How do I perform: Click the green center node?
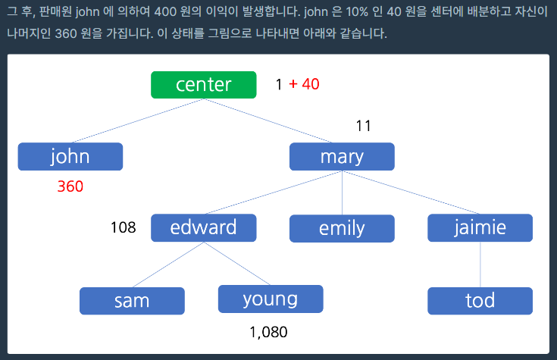point(204,85)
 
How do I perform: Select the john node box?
point(70,157)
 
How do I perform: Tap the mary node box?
point(342,157)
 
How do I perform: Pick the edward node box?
point(204,228)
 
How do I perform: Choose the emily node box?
point(342,229)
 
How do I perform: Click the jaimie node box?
point(480,228)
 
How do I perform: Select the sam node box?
point(132,301)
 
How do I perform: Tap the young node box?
point(271,299)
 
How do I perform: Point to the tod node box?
point(480,301)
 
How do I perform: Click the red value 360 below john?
point(70,186)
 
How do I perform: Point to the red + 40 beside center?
point(304,84)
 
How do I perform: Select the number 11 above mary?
point(364,126)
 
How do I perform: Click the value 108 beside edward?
point(124,227)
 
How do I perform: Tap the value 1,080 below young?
point(268,332)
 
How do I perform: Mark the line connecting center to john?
point(138,121)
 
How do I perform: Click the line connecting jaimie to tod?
point(480,265)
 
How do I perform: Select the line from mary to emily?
point(342,193)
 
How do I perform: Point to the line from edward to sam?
point(168,265)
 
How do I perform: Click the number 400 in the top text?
point(165,11)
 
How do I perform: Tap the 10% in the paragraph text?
point(357,11)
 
